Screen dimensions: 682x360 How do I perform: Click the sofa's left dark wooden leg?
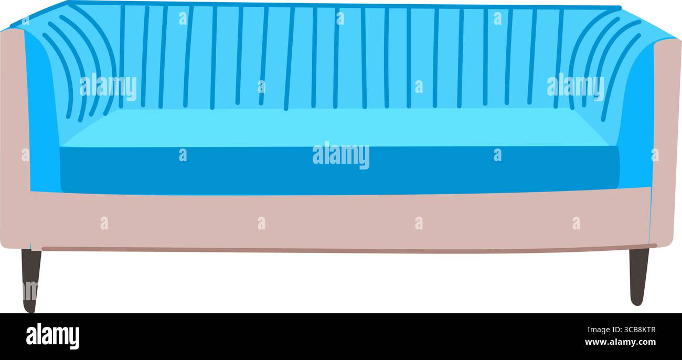[31, 280]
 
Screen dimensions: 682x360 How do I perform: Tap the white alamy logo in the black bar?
[52, 336]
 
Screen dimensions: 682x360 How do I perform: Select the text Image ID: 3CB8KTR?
[621, 330]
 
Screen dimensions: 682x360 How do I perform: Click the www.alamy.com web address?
[620, 342]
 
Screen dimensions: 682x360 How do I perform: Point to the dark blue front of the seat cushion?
[339, 171]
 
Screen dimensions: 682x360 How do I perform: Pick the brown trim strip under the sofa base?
[349, 249]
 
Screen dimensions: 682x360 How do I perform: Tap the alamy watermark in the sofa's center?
[341, 155]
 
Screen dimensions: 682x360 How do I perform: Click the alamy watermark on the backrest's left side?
[108, 88]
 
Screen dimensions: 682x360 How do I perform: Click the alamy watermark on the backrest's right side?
[576, 88]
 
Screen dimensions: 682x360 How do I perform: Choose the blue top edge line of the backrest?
[344, 5]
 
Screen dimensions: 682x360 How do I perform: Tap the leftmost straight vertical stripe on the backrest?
[122, 56]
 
